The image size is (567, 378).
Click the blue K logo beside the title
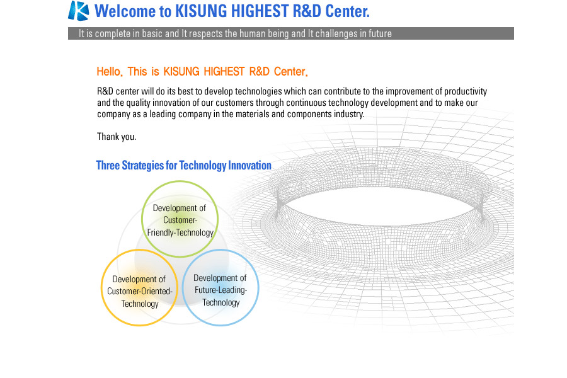(79, 11)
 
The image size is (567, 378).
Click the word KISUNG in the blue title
(202, 11)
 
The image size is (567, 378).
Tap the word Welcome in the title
(125, 11)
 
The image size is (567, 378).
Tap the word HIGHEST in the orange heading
(224, 71)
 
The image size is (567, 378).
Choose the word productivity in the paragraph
(466, 91)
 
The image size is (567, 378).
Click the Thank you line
(117, 137)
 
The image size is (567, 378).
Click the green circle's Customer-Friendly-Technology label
(180, 220)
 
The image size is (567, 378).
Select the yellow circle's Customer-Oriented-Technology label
(140, 292)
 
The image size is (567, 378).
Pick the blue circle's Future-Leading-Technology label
(220, 290)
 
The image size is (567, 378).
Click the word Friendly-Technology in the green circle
(180, 232)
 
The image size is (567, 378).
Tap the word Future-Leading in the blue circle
(220, 290)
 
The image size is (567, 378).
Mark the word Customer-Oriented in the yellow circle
(140, 291)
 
